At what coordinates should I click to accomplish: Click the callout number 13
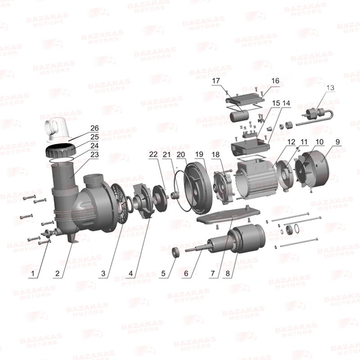pos(330,88)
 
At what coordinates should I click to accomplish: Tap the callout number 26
pos(94,128)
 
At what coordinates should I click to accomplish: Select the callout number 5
pos(163,274)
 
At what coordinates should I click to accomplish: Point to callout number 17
pos(216,81)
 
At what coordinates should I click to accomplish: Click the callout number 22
pos(153,154)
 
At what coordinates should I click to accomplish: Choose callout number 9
pos(337,142)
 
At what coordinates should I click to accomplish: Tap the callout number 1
pos(33,274)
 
